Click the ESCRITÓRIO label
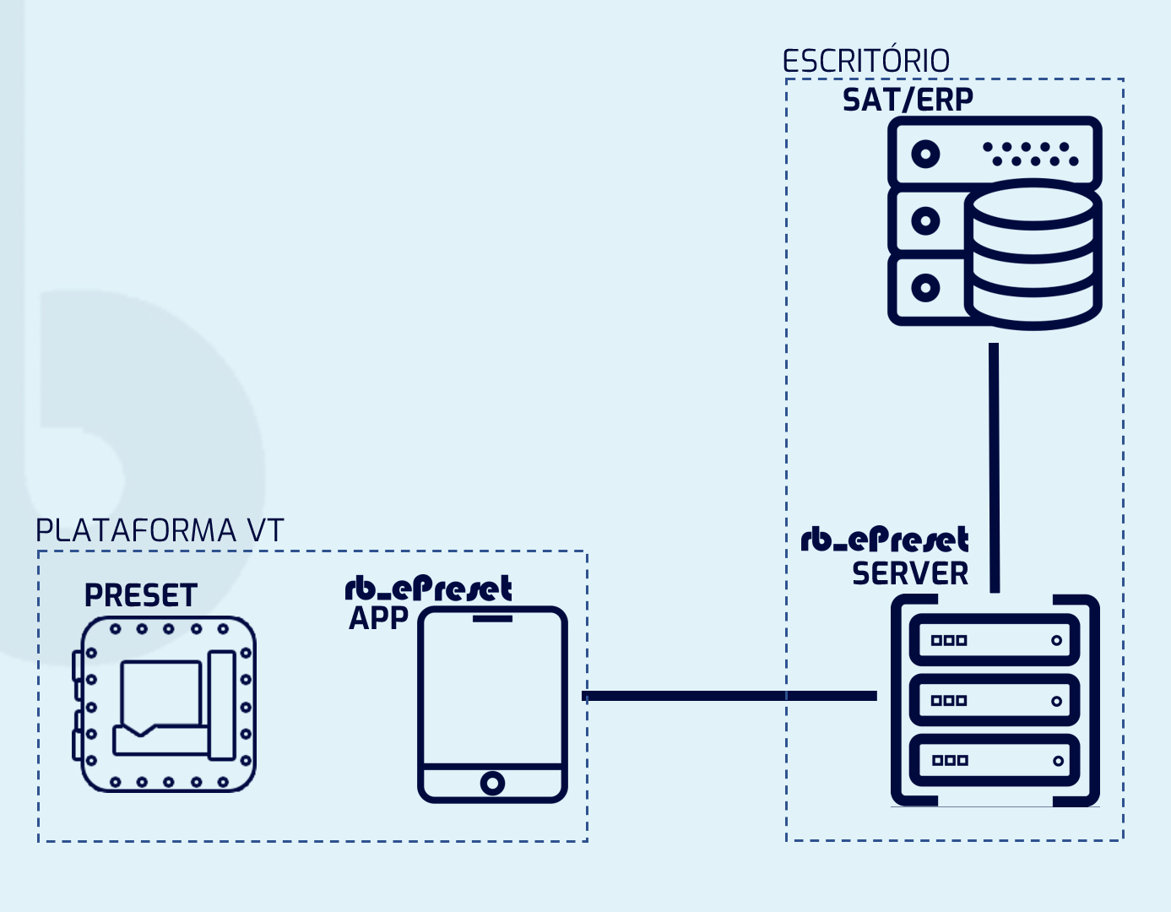pyautogui.click(x=865, y=62)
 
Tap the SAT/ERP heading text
pyautogui.click(x=908, y=100)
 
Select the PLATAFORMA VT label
pyautogui.click(x=160, y=531)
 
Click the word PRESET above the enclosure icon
pyautogui.click(x=140, y=596)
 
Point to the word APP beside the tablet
pyautogui.click(x=378, y=618)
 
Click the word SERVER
pyautogui.click(x=910, y=574)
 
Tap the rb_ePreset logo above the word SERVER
pyautogui.click(x=884, y=540)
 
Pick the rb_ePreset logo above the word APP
pyautogui.click(x=428, y=589)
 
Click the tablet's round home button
pyautogui.click(x=492, y=783)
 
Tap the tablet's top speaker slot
pyautogui.click(x=492, y=619)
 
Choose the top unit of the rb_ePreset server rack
pyautogui.click(x=995, y=640)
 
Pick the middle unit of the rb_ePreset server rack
pyautogui.click(x=995, y=700)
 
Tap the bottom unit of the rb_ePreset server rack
pyautogui.click(x=995, y=760)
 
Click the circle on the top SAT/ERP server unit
pyautogui.click(x=925, y=155)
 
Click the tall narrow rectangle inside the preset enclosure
pyautogui.click(x=222, y=704)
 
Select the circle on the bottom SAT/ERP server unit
pyautogui.click(x=925, y=288)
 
